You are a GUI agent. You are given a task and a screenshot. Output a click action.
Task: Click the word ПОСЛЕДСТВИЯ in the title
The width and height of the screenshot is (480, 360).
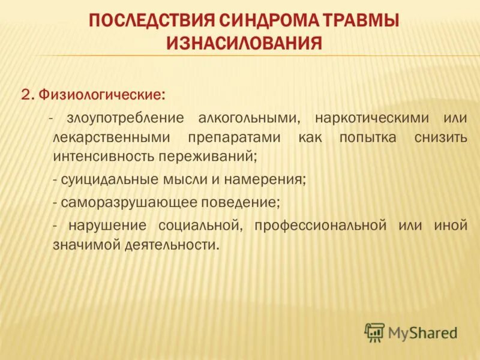coord(152,22)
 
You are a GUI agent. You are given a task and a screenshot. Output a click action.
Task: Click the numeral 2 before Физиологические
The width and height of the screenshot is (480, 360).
coord(26,95)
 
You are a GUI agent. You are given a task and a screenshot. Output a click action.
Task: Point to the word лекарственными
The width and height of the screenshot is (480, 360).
coord(108,138)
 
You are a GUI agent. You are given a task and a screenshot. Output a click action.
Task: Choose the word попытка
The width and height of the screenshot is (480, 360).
coord(367,138)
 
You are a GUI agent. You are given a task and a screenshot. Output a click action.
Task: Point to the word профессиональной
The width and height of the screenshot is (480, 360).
coord(319,226)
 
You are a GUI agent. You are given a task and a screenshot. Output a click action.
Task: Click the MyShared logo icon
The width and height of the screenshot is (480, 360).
coord(374,332)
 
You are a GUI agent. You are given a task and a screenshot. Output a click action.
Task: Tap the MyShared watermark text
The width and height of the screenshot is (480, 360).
coord(423,332)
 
